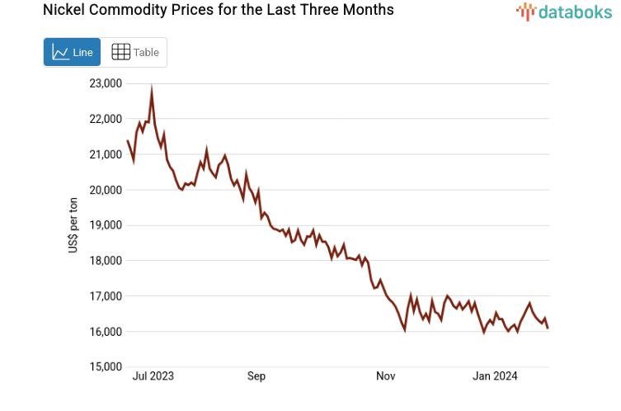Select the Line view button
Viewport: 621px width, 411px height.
pos(72,52)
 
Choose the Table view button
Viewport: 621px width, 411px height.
pos(134,52)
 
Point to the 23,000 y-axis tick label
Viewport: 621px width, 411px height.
pos(106,83)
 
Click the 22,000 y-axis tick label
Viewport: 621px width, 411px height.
pos(106,119)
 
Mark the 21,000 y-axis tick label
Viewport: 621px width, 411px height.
pos(106,154)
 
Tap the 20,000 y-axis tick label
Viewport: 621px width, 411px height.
pos(106,190)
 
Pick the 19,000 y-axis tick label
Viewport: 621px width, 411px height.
pos(106,225)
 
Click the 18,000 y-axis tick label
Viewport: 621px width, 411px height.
pos(106,261)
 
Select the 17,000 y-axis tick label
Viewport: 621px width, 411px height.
pos(106,296)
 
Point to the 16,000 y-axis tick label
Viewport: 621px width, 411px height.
pos(106,332)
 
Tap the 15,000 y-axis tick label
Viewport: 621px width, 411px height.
pos(106,367)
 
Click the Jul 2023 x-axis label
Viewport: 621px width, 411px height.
pos(153,376)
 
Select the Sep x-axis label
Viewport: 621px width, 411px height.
pos(256,376)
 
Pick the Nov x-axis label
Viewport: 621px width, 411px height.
pos(385,376)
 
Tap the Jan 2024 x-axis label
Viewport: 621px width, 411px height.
pos(495,376)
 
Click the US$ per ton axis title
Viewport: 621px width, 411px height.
pos(73,225)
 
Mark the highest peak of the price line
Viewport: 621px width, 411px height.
pos(152,88)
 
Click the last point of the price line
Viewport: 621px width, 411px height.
pos(548,328)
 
